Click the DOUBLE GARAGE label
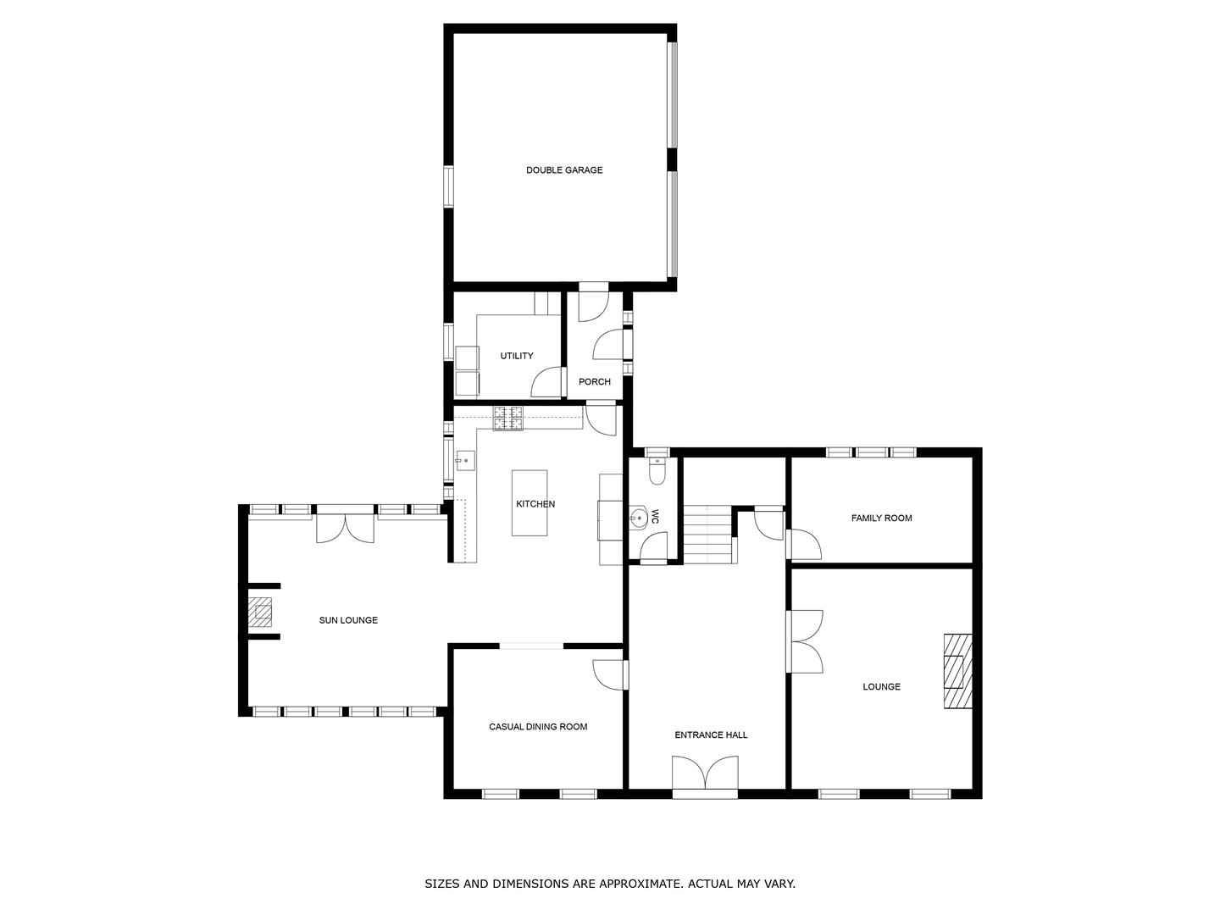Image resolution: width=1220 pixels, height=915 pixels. click(564, 170)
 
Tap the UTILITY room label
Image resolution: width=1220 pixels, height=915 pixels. click(516, 356)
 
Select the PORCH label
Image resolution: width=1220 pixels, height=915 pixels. click(594, 381)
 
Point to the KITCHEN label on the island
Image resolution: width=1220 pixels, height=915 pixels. click(535, 504)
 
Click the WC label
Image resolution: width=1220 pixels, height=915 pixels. click(655, 517)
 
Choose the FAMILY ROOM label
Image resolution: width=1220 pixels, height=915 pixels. click(881, 518)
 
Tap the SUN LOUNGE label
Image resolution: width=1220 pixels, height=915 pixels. click(348, 620)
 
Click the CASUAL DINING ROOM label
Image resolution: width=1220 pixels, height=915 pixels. click(537, 727)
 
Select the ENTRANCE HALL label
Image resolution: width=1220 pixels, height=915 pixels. click(710, 735)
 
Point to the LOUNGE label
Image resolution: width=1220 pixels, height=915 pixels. click(881, 686)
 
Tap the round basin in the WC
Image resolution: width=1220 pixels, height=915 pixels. click(639, 518)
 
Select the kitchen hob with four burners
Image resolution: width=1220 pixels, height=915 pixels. click(508, 419)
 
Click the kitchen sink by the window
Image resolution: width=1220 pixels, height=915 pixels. click(465, 461)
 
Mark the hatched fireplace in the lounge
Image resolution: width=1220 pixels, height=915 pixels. click(957, 670)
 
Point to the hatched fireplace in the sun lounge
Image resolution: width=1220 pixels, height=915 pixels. click(259, 612)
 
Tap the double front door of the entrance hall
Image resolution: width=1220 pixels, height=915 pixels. click(705, 774)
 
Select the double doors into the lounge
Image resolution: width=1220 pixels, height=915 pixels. click(804, 641)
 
